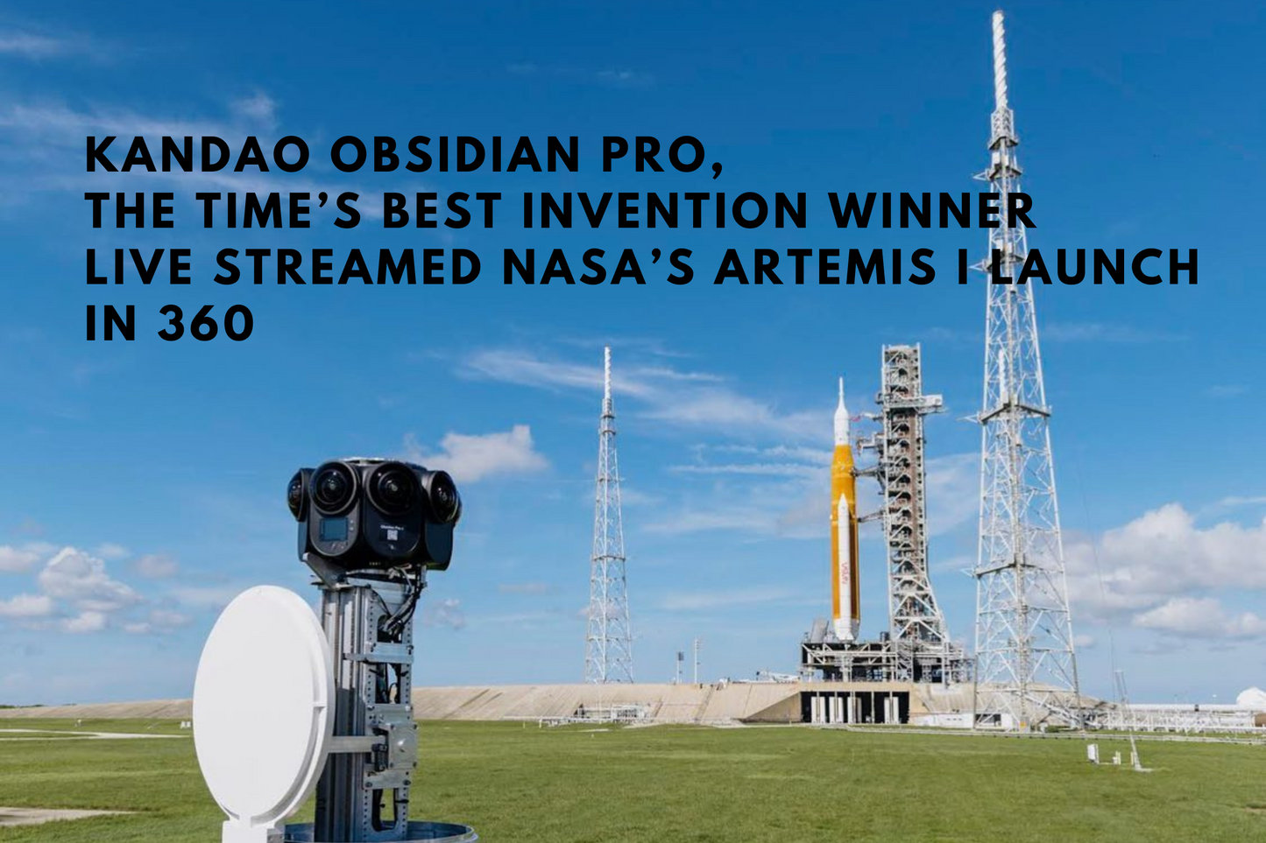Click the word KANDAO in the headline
(x=198, y=155)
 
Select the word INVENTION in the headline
(x=664, y=211)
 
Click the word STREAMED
(x=348, y=266)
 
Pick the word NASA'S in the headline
(x=598, y=266)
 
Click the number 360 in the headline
(x=206, y=322)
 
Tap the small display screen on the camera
(x=334, y=530)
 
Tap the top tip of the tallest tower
(x=998, y=12)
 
